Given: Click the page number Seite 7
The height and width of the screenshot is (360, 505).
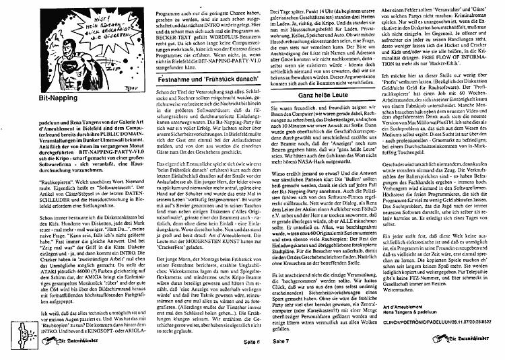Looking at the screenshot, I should (282, 342).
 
